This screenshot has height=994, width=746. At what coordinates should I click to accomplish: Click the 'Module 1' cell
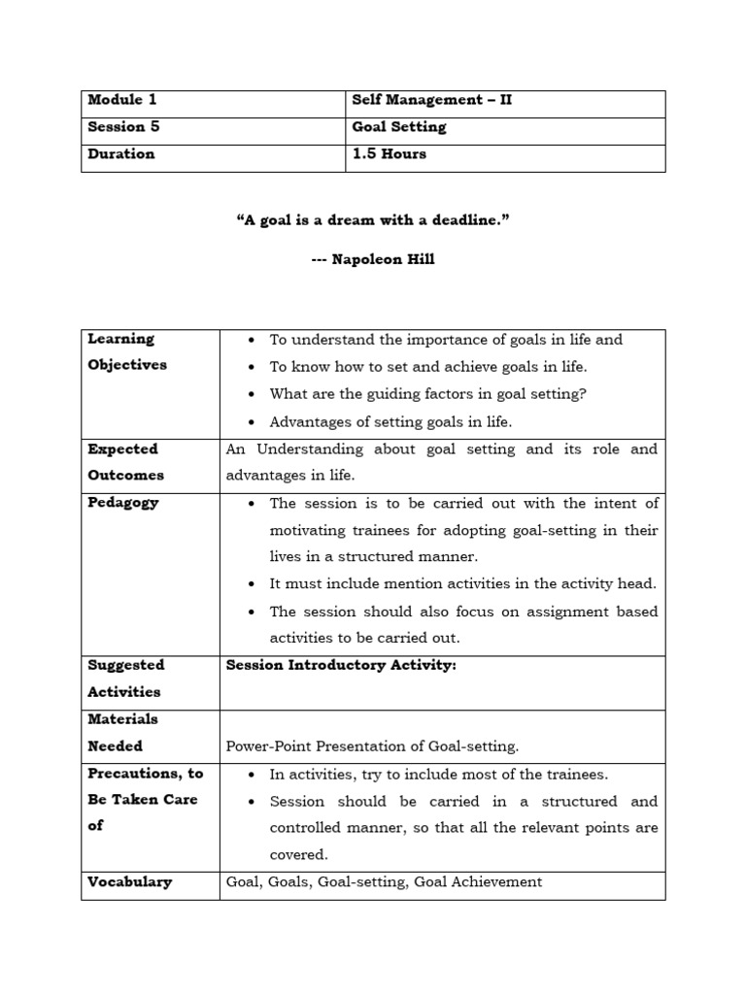(121, 100)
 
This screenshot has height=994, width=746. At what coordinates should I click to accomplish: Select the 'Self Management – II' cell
(431, 100)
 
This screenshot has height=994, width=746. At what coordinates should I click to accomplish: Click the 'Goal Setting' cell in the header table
(398, 127)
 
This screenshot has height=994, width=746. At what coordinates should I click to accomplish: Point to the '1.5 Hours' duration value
(389, 154)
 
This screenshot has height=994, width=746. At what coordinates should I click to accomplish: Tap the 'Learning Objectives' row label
(126, 351)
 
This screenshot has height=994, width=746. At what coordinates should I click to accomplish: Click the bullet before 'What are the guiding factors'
(252, 395)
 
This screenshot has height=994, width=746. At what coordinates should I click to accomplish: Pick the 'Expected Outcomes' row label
(126, 462)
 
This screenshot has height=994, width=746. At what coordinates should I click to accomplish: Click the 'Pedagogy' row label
(122, 503)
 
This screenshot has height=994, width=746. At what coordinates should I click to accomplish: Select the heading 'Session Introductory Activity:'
(340, 665)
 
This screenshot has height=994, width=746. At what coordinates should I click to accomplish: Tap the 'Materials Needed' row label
(122, 732)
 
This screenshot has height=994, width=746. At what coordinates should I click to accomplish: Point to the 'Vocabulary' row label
(129, 882)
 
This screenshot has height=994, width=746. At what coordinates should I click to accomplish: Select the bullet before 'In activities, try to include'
(252, 776)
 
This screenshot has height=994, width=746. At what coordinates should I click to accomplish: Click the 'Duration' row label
(120, 154)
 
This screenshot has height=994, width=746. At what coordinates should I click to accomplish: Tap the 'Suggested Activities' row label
(125, 678)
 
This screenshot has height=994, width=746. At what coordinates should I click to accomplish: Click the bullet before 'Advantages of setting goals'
(252, 422)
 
